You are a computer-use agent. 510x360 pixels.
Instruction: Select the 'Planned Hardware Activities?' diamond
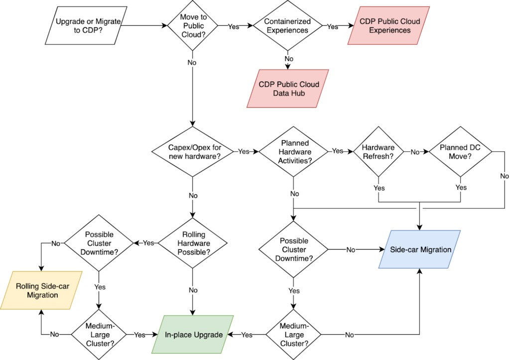tap(294, 151)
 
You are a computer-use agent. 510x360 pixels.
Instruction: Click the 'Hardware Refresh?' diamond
tap(379, 151)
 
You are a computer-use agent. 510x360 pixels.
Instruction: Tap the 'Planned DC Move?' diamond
tap(460, 151)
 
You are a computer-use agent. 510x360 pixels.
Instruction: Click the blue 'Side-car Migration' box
tap(420, 249)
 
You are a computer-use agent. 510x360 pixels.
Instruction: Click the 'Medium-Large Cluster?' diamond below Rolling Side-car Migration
tap(100, 335)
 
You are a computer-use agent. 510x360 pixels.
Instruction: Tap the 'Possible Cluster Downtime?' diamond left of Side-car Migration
tap(294, 249)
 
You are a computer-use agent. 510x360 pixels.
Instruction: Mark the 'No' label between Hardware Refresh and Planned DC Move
tap(415, 151)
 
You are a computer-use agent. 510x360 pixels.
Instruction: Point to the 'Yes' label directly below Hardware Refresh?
tap(379, 188)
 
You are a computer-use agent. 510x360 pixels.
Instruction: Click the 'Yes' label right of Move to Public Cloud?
tap(233, 26)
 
